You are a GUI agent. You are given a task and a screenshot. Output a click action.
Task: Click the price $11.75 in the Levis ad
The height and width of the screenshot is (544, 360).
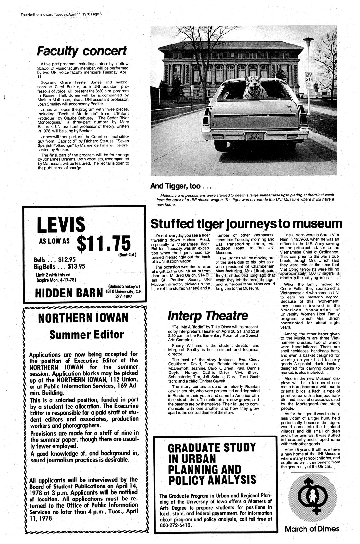pos(104,243)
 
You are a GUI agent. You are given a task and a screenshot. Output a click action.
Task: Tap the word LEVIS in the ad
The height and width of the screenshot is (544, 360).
pos(61,225)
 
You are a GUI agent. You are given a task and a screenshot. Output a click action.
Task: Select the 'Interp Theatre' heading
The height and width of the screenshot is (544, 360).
pos(208,315)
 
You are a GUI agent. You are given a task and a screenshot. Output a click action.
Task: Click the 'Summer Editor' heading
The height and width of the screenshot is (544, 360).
pos(87,334)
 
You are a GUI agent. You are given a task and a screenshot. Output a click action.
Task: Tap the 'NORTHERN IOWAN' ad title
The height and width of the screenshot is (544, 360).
pos(83,318)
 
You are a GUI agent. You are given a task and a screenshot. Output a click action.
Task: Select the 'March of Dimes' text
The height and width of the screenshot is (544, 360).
pos(312,529)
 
